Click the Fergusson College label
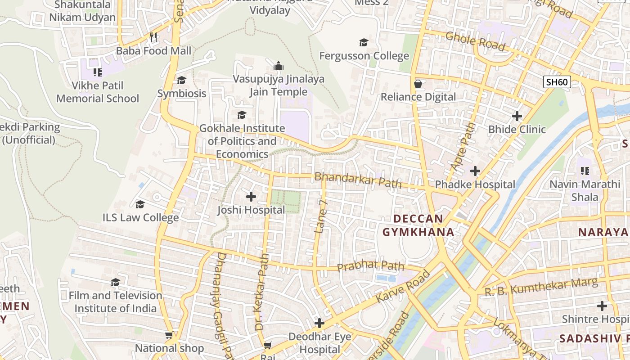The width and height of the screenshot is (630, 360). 364,56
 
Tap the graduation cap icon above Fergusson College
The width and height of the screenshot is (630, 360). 364,43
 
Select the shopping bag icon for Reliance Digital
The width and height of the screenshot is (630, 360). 418,84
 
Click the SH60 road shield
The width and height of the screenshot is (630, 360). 557,82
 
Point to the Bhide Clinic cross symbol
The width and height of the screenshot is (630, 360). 517,116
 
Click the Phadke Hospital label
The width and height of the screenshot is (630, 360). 475,184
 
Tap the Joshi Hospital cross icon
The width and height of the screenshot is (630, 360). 251,197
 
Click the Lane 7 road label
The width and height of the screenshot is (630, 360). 321,216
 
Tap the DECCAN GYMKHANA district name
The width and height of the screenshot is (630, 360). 418,225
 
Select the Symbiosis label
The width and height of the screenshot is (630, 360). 182,94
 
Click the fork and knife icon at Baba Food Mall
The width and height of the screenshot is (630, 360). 154,37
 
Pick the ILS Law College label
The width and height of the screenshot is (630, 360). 141,218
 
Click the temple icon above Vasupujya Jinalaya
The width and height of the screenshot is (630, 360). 279,66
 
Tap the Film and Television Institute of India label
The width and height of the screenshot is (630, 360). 116,302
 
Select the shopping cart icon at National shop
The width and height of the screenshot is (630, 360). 169,335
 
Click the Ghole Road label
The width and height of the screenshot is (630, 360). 475,41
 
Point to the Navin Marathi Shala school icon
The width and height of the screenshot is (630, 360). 585,171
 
